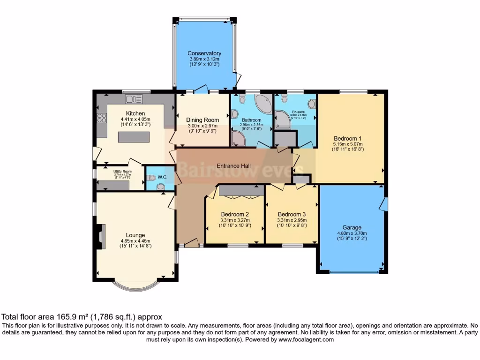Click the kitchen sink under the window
[x=134, y=99]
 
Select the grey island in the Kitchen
[x=133, y=137]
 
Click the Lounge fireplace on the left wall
[x=101, y=235]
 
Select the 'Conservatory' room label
[x=204, y=53]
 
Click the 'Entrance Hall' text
[x=233, y=166]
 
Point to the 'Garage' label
[x=352, y=228]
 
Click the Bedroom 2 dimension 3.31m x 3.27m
[x=235, y=220]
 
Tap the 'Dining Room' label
[x=202, y=120]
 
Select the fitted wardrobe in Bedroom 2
[x=241, y=190]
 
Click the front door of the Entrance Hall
[x=191, y=243]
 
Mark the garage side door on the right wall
[x=384, y=203]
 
